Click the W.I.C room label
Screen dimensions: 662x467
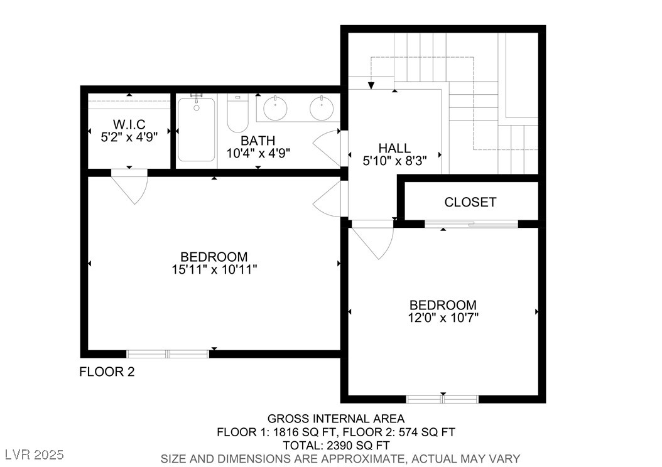pyautogui.click(x=129, y=124)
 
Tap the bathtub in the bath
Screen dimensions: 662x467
pyautogui.click(x=197, y=129)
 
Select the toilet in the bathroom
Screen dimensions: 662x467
pyautogui.click(x=237, y=113)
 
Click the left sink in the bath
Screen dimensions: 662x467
pyautogui.click(x=275, y=109)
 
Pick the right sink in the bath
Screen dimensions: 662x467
pyautogui.click(x=322, y=109)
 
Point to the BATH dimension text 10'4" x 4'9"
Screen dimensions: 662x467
pyautogui.click(x=258, y=153)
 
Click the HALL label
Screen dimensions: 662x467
pyautogui.click(x=395, y=148)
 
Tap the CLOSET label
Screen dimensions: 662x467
pyautogui.click(x=470, y=202)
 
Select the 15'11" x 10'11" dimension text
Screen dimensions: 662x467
pyautogui.click(x=214, y=269)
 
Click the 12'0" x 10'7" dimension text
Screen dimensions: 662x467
pyautogui.click(x=443, y=317)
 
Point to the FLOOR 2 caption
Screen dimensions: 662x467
pyautogui.click(x=107, y=372)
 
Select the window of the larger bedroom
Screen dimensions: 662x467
pyautogui.click(x=168, y=354)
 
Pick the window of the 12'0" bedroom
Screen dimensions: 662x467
pyautogui.click(x=442, y=399)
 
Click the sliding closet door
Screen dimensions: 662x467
pyautogui.click(x=471, y=224)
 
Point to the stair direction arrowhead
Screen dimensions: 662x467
pyautogui.click(x=371, y=85)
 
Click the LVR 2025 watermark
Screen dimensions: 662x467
pyautogui.click(x=35, y=454)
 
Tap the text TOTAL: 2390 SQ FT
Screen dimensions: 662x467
pyautogui.click(x=336, y=446)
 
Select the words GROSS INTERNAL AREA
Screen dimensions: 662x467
pyautogui.click(x=336, y=419)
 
